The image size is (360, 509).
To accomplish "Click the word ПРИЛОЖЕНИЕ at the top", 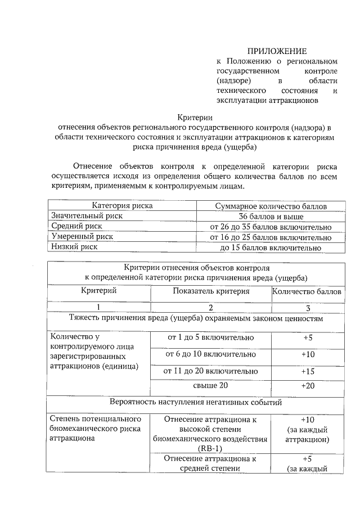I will tap(277, 51).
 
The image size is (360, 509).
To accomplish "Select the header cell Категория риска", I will tap(123, 206).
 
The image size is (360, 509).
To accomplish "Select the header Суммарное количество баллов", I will tap(271, 206).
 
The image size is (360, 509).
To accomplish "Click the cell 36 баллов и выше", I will tap(271, 217).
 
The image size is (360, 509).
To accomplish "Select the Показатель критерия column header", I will tap(211, 291).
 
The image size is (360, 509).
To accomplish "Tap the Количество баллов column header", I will tap(307, 291).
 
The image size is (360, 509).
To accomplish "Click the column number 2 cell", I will tap(211, 308).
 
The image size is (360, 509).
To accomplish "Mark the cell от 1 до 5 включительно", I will tap(211, 338).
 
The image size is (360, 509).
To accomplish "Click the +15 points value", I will tap(308, 372).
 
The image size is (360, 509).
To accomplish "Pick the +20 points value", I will tap(308, 386).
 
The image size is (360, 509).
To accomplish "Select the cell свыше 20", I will tap(211, 386).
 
